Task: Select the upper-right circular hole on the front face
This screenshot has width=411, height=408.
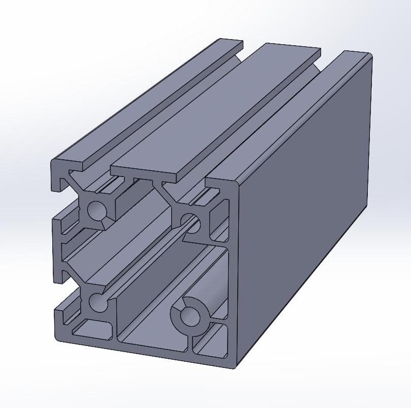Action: pyautogui.click(x=188, y=220)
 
